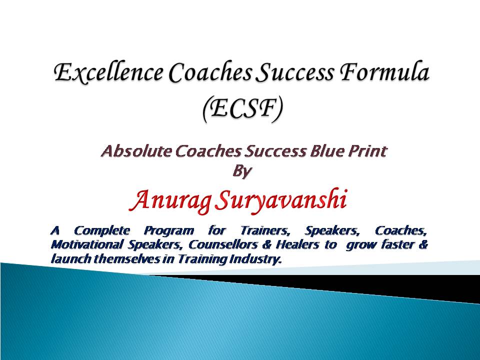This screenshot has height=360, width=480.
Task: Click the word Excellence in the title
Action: click(108, 72)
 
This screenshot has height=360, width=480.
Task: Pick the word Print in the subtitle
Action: click(369, 151)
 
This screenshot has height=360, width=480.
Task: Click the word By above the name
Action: click(242, 171)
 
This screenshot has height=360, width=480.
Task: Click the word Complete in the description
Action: click(102, 230)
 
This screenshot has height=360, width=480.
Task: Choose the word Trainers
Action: click(265, 230)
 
